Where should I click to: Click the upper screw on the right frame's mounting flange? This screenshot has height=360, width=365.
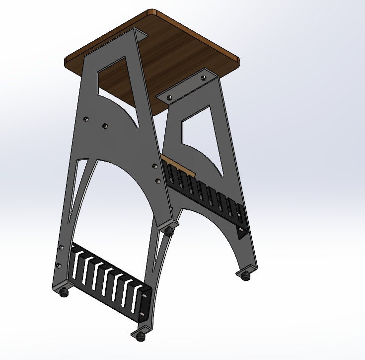point(203,78)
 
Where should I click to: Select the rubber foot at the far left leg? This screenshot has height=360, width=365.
point(63,293)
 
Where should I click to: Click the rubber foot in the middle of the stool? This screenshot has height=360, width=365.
point(170,231)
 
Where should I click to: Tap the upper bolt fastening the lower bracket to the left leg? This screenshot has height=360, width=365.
point(61,247)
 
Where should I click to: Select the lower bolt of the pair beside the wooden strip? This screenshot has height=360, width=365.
point(158,180)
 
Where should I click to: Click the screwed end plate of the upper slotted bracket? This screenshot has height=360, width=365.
point(242,224)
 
